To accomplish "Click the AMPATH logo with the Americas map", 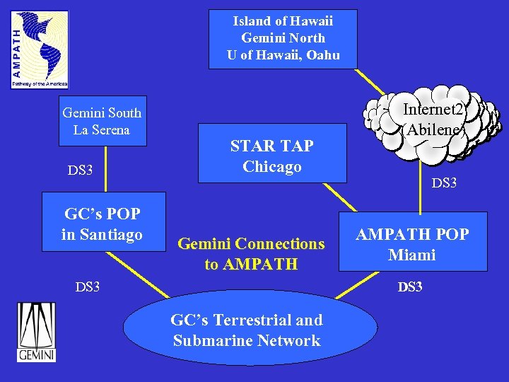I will [x=40, y=50].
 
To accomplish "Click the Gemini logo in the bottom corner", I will [x=37, y=332].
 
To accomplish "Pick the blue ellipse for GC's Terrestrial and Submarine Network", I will [x=247, y=331].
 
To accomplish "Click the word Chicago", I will [x=272, y=167].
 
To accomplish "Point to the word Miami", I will [x=412, y=255].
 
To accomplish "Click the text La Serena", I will [x=102, y=130].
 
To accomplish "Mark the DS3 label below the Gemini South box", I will [x=80, y=170].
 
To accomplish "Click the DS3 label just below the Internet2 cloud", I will [x=444, y=183].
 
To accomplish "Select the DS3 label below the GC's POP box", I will [x=88, y=286].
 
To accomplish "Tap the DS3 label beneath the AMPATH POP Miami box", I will [x=410, y=286].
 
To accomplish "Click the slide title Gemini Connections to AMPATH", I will [x=251, y=254].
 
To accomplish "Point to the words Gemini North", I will [x=283, y=38].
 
